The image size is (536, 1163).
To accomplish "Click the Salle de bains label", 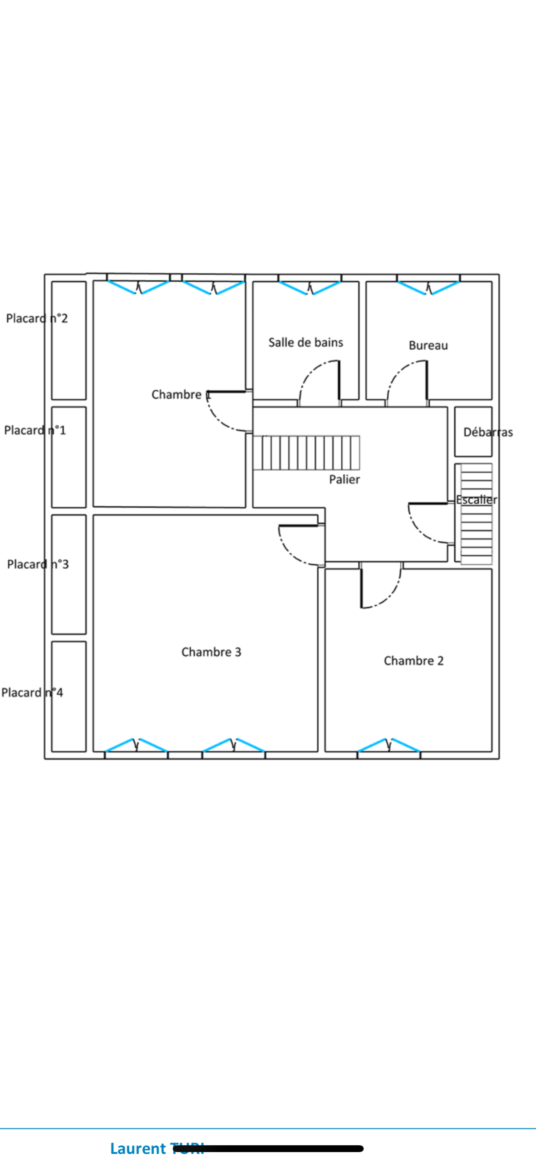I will pyautogui.click(x=306, y=343).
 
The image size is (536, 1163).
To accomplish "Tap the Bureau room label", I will pyautogui.click(x=428, y=346).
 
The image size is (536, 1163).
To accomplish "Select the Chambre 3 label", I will pyautogui.click(x=211, y=652).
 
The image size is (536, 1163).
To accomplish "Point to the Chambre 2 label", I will pyautogui.click(x=414, y=661).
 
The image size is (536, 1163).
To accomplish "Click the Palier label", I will pyautogui.click(x=344, y=480).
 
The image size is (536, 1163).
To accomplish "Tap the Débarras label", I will pyautogui.click(x=488, y=433).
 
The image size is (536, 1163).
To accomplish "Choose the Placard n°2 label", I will pyautogui.click(x=37, y=319).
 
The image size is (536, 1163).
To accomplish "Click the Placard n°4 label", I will pyautogui.click(x=32, y=693).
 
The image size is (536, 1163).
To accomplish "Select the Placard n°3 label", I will pyautogui.click(x=38, y=564).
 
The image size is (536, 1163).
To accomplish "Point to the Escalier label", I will pyautogui.click(x=476, y=500).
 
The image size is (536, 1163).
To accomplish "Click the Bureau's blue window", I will pyautogui.click(x=428, y=288).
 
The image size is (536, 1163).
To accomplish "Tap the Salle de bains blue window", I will pyautogui.click(x=310, y=288).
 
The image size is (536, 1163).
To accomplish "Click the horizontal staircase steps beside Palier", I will pyautogui.click(x=306, y=453).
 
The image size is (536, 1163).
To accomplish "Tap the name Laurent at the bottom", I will pyautogui.click(x=138, y=1148).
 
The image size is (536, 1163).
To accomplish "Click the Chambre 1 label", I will pyautogui.click(x=181, y=395).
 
